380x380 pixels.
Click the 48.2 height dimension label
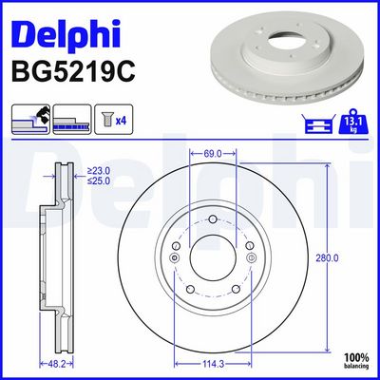(x=56, y=362)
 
